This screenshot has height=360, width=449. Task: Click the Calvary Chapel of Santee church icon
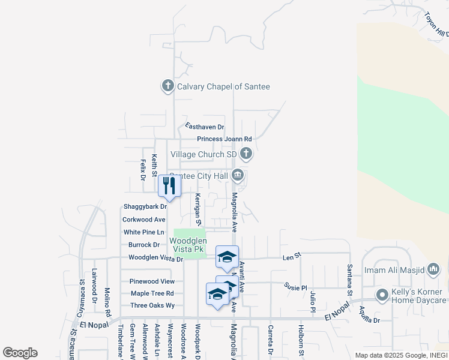click(x=167, y=86)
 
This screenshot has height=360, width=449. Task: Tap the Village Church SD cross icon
click(x=246, y=154)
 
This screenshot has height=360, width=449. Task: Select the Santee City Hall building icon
click(x=238, y=176)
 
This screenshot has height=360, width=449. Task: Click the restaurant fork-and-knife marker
click(x=170, y=186)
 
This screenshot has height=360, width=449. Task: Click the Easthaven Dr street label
click(x=204, y=127)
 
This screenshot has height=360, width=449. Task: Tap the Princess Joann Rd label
click(x=224, y=139)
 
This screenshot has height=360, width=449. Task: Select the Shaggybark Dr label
click(x=144, y=206)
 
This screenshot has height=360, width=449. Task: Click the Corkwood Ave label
click(x=143, y=220)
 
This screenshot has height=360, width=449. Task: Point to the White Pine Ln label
click(x=143, y=232)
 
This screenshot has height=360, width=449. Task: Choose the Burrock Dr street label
click(x=144, y=245)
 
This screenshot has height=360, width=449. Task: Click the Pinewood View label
click(x=152, y=281)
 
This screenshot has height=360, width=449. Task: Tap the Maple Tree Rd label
click(x=152, y=293)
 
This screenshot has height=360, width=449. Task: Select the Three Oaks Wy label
click(x=152, y=305)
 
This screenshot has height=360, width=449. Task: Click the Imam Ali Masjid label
click(x=394, y=270)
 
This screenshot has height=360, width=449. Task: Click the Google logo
click(x=20, y=353)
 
